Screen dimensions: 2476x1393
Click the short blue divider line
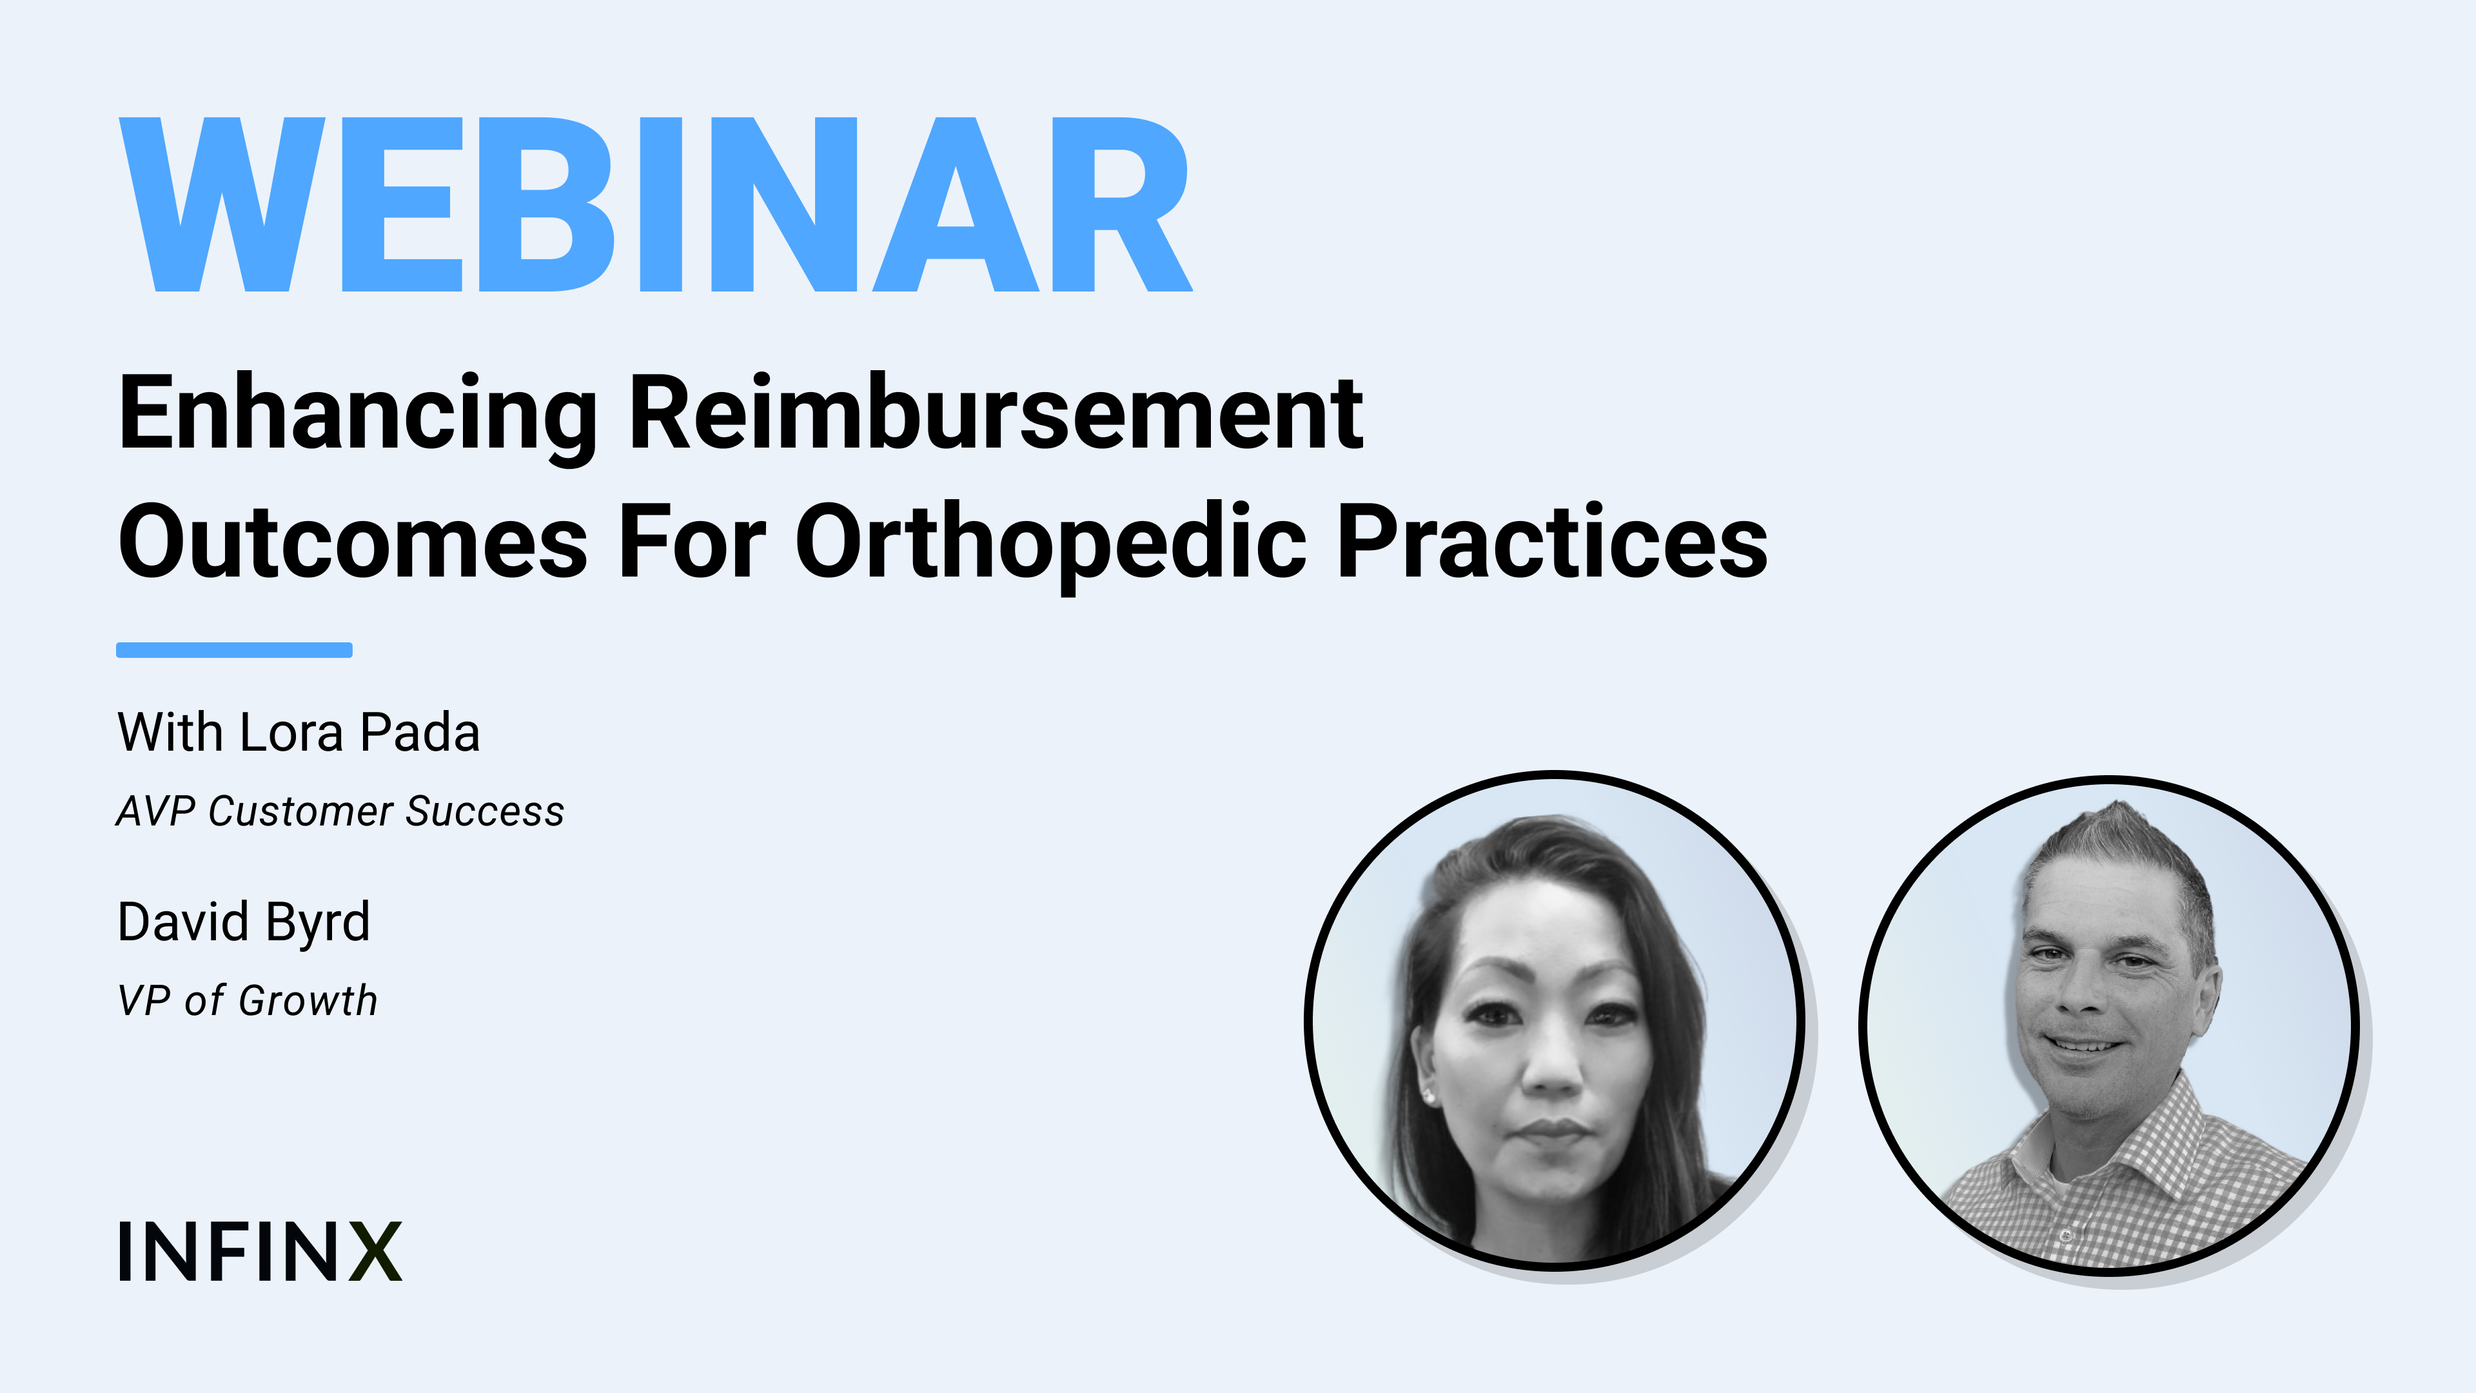click(235, 650)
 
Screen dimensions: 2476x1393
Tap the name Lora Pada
click(360, 733)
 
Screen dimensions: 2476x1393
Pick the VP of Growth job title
click(247, 1001)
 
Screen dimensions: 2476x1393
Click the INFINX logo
click(259, 1252)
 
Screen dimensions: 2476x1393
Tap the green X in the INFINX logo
click(375, 1252)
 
